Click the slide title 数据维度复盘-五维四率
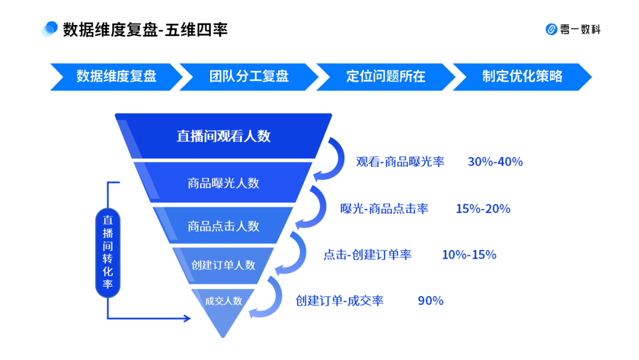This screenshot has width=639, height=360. [x=145, y=30]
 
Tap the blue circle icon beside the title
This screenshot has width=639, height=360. [x=50, y=29]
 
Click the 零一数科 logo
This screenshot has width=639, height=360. [x=573, y=30]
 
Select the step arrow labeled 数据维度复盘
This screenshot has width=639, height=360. [x=117, y=76]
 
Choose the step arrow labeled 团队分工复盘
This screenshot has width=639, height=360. [x=249, y=76]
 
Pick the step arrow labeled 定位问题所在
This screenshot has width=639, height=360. [x=386, y=76]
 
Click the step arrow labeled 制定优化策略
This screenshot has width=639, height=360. [x=522, y=76]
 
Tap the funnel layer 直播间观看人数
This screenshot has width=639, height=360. [x=223, y=136]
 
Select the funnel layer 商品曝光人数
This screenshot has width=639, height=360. [x=223, y=182]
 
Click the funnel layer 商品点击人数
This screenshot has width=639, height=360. [x=223, y=226]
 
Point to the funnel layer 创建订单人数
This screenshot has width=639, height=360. [x=223, y=265]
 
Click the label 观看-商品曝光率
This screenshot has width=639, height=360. [x=400, y=162]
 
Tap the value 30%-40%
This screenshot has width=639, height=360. [x=495, y=162]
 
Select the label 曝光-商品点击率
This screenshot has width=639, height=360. [x=385, y=209]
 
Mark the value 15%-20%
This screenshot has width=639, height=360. [x=483, y=209]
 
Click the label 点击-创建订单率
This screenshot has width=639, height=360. [x=367, y=255]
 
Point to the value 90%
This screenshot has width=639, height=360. [x=430, y=301]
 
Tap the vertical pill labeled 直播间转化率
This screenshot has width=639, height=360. [x=108, y=252]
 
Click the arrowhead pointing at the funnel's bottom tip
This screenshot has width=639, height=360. [x=187, y=318]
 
